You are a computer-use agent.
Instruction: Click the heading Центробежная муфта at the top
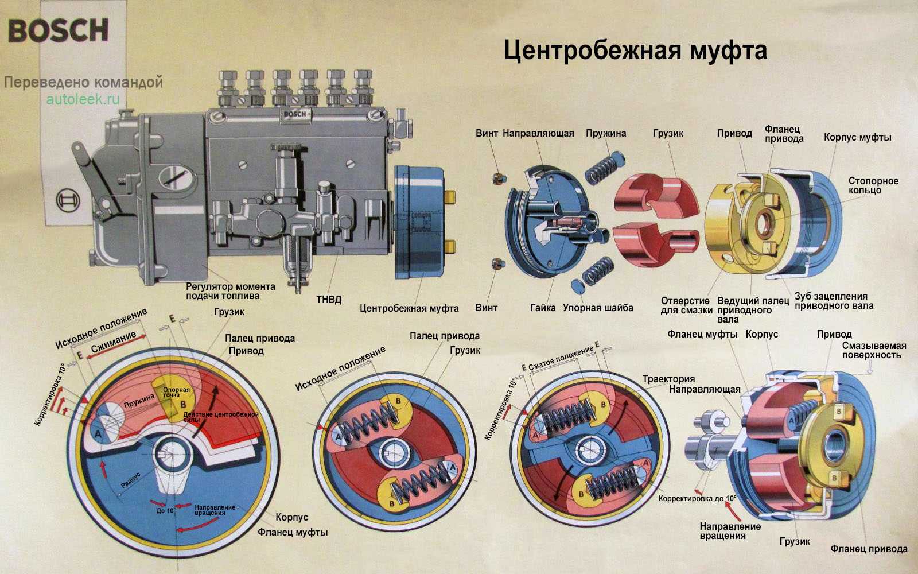(635, 51)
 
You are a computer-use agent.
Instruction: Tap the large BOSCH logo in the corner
(59, 30)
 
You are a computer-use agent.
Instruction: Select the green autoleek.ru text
(83, 99)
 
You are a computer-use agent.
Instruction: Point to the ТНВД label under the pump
(329, 300)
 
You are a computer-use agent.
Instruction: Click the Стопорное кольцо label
(873, 185)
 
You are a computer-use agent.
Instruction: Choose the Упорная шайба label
(598, 308)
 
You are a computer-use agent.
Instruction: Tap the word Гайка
(543, 308)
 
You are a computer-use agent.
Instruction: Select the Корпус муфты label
(857, 137)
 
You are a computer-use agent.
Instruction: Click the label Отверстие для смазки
(686, 305)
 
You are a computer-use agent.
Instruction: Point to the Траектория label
(668, 379)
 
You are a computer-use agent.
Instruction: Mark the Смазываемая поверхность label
(874, 350)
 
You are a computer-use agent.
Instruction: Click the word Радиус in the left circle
(131, 480)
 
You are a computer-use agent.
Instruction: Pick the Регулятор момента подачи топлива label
(230, 291)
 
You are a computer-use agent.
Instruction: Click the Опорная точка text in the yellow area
(175, 393)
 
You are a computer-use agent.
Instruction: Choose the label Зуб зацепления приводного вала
(833, 301)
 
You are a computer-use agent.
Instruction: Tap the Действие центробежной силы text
(221, 417)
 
